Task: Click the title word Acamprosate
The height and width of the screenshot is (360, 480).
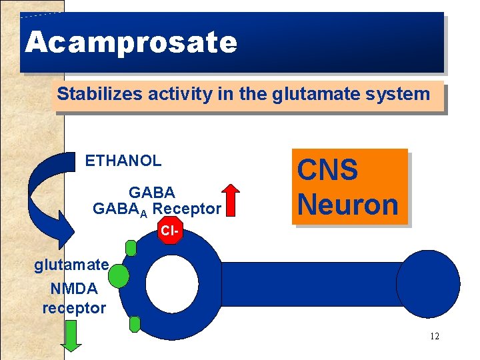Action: point(131,43)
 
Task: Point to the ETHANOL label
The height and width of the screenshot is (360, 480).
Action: point(123,161)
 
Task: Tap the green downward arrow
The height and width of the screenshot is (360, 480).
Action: point(71,336)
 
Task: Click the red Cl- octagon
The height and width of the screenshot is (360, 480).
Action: point(169,231)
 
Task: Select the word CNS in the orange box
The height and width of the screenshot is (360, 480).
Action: point(327,170)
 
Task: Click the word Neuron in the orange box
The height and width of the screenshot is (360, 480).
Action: point(347,204)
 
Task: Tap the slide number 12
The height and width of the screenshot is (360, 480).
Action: point(435,336)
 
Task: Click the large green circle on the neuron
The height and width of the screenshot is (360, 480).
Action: point(119,275)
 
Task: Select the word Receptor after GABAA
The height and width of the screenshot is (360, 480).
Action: point(186,209)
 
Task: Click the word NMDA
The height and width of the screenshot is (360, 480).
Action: point(73,289)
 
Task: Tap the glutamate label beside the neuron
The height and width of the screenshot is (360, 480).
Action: point(71,265)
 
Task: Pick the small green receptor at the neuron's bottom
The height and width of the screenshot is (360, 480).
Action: point(135,324)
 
